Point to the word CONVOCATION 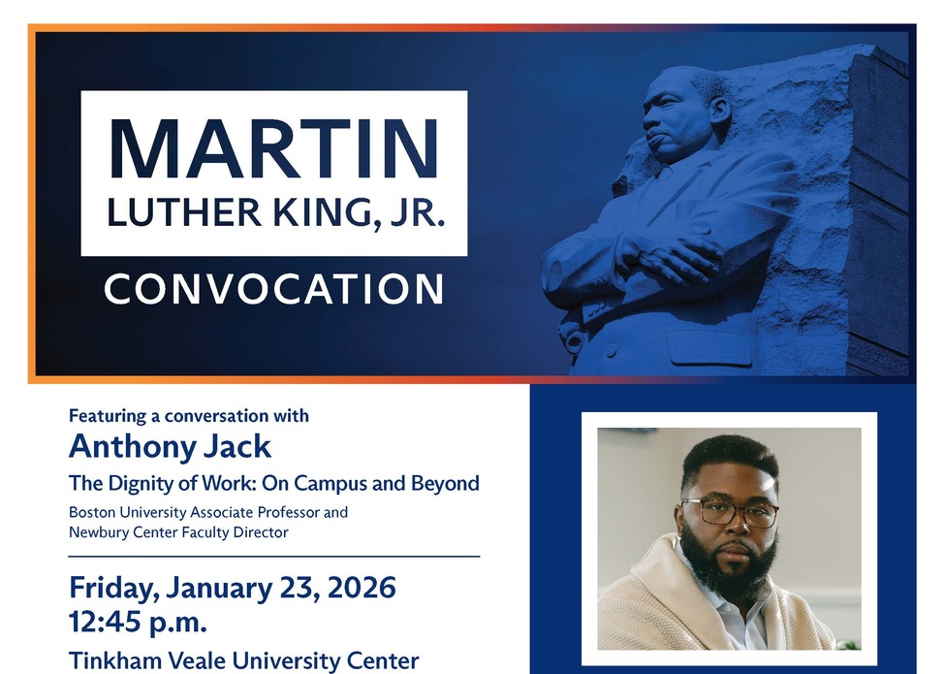coord(274,289)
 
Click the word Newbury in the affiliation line coord(99,531)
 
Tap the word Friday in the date coord(111,588)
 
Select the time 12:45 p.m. coord(138,622)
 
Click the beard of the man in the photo coord(734,567)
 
